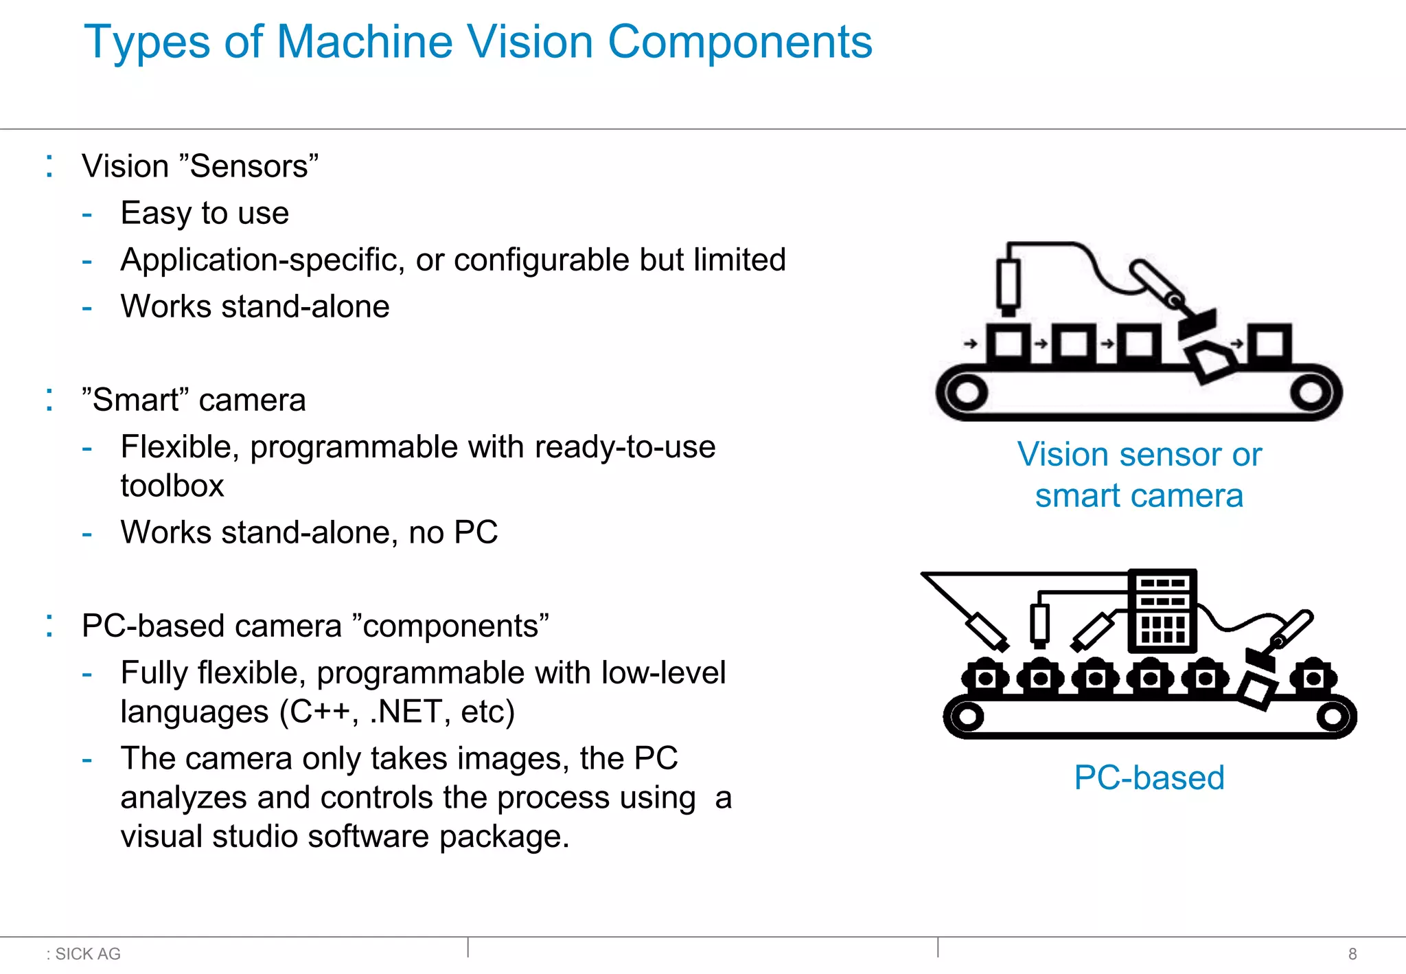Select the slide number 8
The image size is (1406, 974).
coord(1352,954)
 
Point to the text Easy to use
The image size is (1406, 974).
coord(205,213)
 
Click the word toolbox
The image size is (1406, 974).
coord(172,486)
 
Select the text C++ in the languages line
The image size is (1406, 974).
coord(319,712)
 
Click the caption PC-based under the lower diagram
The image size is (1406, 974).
coord(1149,778)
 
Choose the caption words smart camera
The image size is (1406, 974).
coord(1139,496)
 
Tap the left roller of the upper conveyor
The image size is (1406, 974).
coord(967,393)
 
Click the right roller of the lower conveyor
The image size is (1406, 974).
coord(1333,717)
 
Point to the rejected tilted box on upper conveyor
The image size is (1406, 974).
coord(1213,362)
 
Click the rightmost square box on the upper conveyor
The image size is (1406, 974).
coord(1269,343)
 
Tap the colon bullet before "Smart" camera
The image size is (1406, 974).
coord(49,400)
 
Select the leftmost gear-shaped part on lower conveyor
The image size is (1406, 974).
coord(985,679)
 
